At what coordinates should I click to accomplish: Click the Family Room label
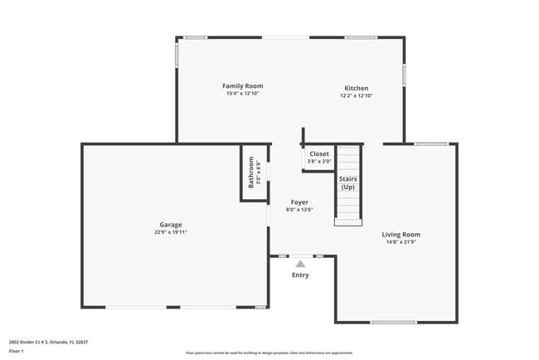[x=242, y=85]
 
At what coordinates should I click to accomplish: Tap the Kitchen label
[x=357, y=88]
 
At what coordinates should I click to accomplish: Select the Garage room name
[x=171, y=224]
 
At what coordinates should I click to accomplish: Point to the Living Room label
[x=401, y=234]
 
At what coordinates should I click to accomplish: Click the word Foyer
[x=299, y=202]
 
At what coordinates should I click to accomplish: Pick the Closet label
[x=319, y=153]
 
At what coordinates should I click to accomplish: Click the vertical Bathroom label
[x=251, y=173]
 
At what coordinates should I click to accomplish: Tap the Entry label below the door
[x=300, y=275]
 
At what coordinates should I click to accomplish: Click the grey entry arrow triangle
[x=300, y=263]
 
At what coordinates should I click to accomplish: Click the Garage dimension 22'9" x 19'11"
[x=171, y=232]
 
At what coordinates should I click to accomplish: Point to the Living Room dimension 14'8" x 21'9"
[x=401, y=242]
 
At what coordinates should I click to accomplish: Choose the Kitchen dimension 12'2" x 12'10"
[x=357, y=96]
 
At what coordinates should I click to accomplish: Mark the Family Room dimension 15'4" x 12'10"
[x=242, y=94]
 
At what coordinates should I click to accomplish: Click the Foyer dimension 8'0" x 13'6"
[x=299, y=210]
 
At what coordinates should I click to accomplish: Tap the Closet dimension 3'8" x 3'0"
[x=319, y=162]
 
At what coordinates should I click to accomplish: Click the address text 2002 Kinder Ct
[x=48, y=342]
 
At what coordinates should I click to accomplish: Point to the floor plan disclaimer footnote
[x=269, y=353]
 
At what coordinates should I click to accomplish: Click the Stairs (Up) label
[x=348, y=182]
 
